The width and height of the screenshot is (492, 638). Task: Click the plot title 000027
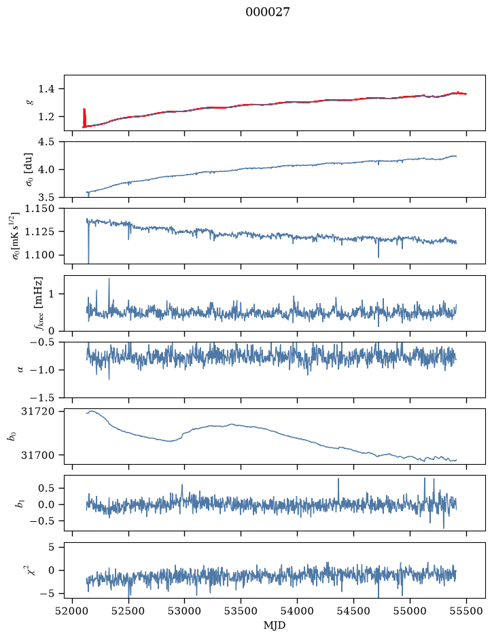[268, 12]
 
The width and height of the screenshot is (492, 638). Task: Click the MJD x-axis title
[275, 625]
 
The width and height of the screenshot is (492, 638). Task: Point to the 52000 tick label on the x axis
[73, 611]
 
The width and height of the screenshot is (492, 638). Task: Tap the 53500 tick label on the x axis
[241, 611]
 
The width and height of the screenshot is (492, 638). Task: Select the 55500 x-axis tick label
[466, 611]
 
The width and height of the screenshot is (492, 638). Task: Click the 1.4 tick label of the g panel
[46, 89]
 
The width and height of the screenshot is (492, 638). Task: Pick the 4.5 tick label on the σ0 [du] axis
[46, 141]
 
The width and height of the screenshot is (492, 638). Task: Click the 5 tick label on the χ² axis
[51, 547]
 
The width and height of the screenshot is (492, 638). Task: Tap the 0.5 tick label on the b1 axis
[46, 488]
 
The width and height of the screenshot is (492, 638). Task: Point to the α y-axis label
[21, 370]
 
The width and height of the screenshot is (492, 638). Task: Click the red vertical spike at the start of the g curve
[84, 118]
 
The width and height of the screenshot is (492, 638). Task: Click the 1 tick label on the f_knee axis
[51, 294]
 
